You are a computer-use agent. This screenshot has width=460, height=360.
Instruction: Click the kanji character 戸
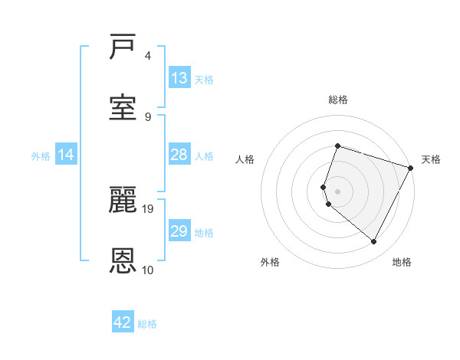[123, 47]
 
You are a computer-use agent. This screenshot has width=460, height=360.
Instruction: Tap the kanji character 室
[123, 107]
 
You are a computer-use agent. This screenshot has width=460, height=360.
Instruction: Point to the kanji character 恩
[123, 260]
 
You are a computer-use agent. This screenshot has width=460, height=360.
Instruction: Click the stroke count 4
[148, 56]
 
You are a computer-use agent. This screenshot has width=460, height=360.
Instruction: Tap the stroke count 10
[148, 270]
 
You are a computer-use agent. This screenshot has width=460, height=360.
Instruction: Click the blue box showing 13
[179, 78]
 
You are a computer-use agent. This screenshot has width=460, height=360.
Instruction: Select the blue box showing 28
[179, 155]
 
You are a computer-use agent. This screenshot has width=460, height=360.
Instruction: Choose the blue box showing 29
[179, 231]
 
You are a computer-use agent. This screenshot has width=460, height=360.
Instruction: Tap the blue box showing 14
[66, 155]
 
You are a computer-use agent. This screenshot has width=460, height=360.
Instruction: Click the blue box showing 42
[123, 322]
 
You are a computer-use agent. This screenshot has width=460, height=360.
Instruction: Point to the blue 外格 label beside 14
[41, 155]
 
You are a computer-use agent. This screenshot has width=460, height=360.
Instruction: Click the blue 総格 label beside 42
[147, 323]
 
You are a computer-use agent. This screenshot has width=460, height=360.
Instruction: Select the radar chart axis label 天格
[431, 159]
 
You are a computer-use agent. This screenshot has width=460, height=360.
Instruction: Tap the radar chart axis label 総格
[337, 100]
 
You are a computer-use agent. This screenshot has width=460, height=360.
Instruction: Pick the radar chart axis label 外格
[270, 263]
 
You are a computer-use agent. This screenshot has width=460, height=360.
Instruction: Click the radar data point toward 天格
[411, 168]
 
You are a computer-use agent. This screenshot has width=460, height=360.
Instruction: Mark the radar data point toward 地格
[374, 242]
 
